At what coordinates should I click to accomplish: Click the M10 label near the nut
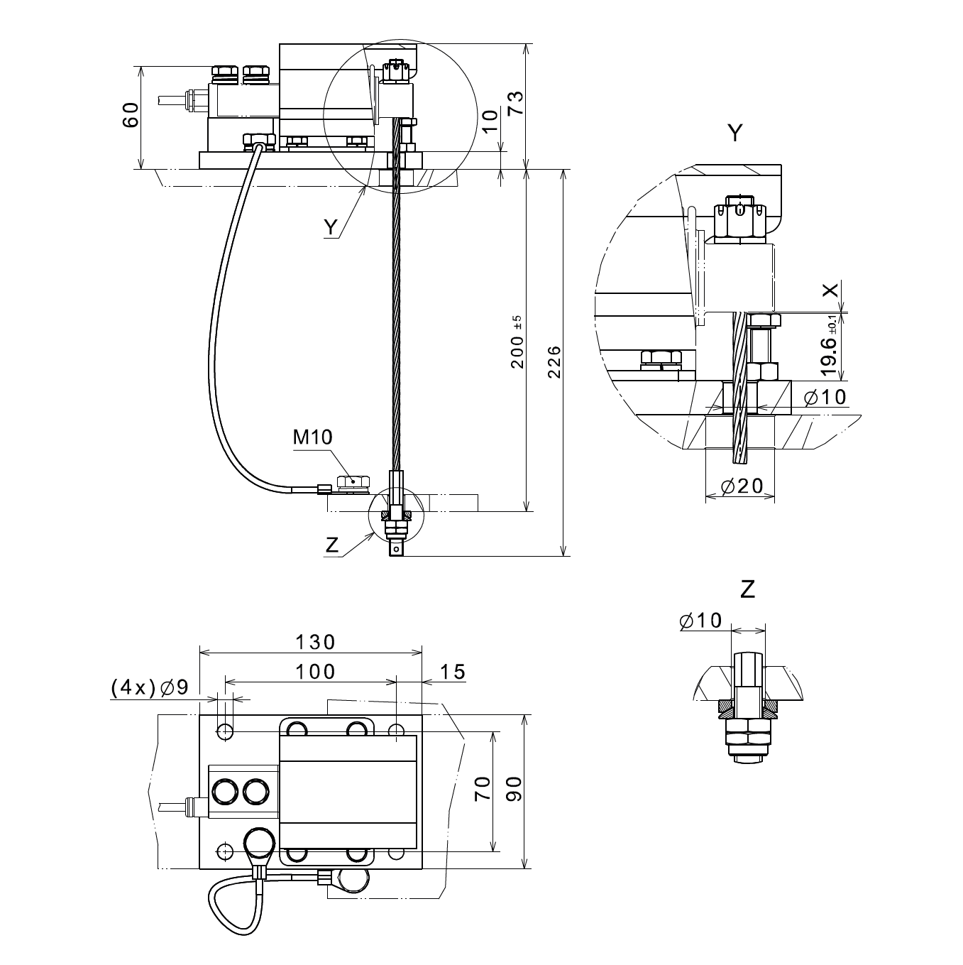312,437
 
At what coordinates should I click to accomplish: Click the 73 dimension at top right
515,104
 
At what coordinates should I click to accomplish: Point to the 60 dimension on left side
131,115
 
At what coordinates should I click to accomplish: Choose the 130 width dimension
315,642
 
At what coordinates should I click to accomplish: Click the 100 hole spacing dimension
315,670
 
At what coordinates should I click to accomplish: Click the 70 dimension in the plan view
483,789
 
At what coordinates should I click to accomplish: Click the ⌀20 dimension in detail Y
742,486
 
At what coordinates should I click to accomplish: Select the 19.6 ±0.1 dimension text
830,348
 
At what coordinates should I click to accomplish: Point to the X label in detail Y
830,290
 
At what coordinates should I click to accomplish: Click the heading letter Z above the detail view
747,589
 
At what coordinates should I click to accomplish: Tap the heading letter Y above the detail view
736,133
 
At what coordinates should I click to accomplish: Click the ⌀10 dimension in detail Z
700,620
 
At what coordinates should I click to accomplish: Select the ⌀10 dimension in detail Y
825,396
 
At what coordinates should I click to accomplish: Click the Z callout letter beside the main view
331,545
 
